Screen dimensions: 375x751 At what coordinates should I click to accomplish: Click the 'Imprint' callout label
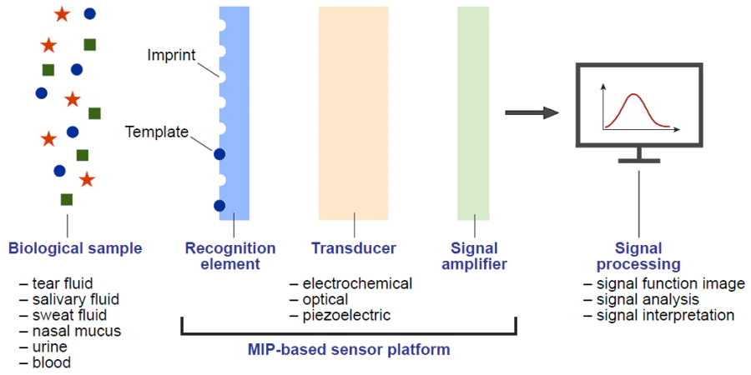point(171,56)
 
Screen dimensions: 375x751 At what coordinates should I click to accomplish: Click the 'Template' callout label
point(157,132)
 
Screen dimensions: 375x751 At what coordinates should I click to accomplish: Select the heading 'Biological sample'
point(75,248)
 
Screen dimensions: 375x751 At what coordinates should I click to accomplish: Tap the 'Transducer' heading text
point(353,248)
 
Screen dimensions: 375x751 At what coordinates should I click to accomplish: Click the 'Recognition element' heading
point(230,256)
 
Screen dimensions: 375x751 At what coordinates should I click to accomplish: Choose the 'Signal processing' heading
point(638,256)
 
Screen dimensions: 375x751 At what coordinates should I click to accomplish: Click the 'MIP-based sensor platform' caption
point(349,350)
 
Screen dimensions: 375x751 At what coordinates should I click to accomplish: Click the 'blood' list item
point(52,362)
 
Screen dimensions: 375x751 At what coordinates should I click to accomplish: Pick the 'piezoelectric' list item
point(346,315)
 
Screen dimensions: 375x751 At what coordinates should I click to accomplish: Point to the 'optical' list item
point(325,299)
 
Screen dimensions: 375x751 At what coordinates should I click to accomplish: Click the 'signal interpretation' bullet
point(665,315)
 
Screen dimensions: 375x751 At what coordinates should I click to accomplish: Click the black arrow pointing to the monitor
point(531,113)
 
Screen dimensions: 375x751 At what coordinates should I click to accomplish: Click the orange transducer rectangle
point(353,112)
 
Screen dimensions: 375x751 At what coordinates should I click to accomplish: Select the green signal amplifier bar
point(473,112)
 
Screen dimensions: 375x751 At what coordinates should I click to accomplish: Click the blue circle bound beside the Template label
point(219,154)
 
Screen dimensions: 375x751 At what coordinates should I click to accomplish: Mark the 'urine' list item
point(50,347)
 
